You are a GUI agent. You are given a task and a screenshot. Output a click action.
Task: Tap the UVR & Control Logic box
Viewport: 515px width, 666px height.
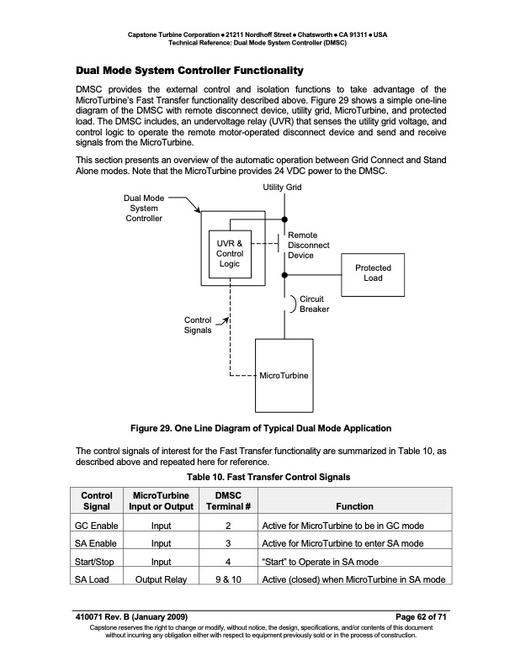tap(230, 253)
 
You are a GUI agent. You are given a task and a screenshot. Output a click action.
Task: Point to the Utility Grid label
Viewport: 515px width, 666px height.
tap(283, 187)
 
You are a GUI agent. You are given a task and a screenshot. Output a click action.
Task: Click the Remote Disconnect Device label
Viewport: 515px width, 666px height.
tap(308, 245)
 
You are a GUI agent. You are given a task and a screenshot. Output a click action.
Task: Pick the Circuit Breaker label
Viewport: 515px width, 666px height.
tap(314, 304)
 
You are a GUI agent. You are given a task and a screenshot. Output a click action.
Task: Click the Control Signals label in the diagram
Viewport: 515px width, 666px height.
tap(198, 325)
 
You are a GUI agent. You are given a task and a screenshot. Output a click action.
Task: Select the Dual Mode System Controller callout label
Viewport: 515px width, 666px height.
tap(144, 208)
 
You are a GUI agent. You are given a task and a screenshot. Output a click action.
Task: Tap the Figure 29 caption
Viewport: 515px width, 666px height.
tap(261, 429)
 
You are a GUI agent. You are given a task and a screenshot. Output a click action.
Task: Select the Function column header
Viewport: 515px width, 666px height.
tap(353, 507)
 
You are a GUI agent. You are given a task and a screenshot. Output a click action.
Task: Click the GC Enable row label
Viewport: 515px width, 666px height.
tap(95, 526)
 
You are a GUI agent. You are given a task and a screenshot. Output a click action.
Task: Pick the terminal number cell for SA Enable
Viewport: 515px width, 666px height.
tap(229, 543)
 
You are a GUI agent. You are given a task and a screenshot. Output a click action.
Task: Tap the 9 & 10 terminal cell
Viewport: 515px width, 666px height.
tap(229, 579)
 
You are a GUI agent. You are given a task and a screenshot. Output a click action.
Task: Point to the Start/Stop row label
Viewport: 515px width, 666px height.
tap(94, 562)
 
